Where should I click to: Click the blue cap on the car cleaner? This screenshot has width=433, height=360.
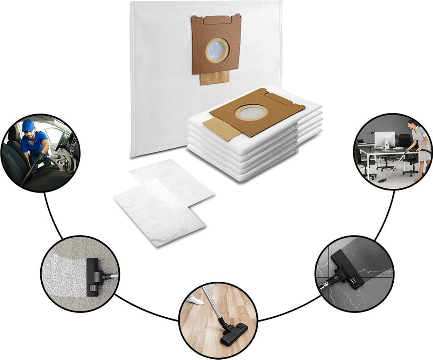coord(28,125)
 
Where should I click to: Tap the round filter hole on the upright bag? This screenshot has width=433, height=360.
coord(217,51)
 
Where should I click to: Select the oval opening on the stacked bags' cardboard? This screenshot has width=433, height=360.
coord(251,113)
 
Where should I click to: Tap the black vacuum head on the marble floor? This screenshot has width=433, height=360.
coord(348,269)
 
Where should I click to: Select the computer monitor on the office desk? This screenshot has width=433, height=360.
coord(384,139)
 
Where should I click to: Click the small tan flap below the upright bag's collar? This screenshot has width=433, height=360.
coord(214,77)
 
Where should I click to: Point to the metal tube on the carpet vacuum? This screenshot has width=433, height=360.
coord(111,276)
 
